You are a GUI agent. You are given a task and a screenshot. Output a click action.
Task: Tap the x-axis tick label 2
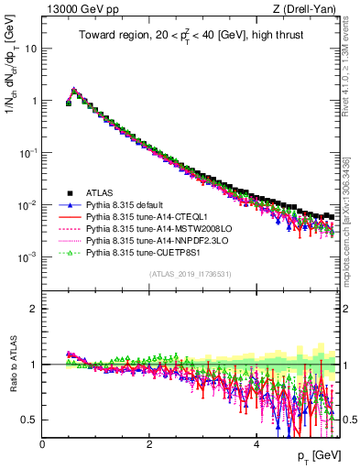pyautogui.click(x=149, y=444)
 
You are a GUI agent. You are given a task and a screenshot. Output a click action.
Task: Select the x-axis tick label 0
pyautogui.click(x=43, y=444)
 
